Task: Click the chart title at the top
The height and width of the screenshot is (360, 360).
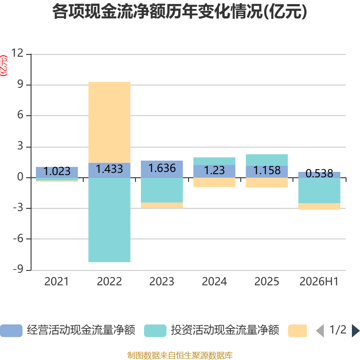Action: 180,12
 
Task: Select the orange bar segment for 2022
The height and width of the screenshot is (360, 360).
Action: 109,122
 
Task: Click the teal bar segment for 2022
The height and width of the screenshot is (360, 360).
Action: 109,220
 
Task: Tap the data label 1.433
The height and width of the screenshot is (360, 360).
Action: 109,169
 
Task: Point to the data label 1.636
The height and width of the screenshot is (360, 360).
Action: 162,168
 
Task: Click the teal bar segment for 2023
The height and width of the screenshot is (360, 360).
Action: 162,190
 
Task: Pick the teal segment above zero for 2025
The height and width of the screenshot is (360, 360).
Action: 267,160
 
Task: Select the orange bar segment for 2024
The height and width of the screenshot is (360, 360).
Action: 215,182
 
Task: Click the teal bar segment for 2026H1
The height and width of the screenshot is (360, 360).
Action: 319,190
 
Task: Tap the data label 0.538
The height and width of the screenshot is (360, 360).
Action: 319,174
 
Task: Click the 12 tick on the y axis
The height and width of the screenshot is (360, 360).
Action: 18,53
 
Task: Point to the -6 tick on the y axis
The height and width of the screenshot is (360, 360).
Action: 18,238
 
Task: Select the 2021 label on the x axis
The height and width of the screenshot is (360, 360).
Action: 57,282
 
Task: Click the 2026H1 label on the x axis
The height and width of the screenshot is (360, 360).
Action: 319,282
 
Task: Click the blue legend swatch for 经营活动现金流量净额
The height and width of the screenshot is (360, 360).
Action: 11,331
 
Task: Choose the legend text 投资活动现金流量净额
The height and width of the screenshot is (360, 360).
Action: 225,330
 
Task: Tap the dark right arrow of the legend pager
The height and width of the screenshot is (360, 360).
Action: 355,331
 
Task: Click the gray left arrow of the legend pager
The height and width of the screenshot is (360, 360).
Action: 320,331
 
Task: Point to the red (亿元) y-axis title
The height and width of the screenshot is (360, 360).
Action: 4,66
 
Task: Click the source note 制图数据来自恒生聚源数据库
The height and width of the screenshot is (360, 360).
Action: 180,355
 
